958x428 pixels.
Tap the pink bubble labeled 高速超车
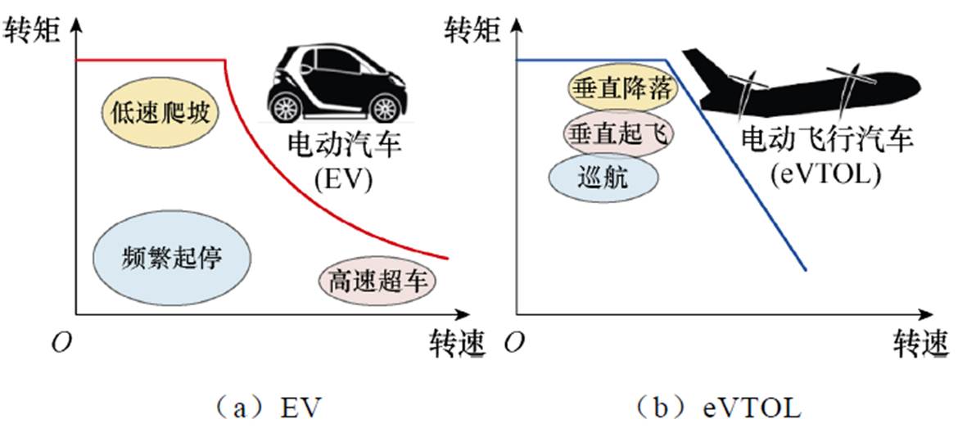377,282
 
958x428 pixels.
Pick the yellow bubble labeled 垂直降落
621,88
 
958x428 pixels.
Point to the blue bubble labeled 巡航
603,177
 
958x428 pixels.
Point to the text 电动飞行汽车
827,140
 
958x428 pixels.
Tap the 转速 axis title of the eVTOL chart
920,341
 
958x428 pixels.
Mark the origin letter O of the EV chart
58,343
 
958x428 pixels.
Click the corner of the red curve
225,60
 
